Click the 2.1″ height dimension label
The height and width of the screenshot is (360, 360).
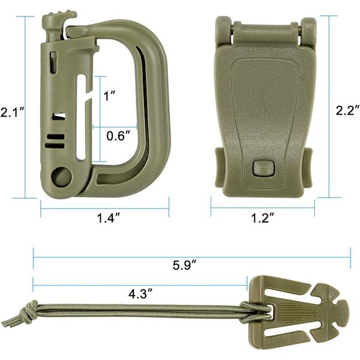point(12,113)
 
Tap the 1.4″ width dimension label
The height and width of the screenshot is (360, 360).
point(109,218)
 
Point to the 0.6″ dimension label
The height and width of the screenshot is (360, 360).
point(119,136)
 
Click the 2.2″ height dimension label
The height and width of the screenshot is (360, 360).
point(347,110)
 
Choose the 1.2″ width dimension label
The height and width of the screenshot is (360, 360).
point(263,218)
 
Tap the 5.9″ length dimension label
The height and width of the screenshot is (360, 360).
point(184,265)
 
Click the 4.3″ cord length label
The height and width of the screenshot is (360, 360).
point(140,294)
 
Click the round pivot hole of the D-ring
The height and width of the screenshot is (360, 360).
point(61,176)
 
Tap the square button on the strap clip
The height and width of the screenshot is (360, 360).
point(264,168)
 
